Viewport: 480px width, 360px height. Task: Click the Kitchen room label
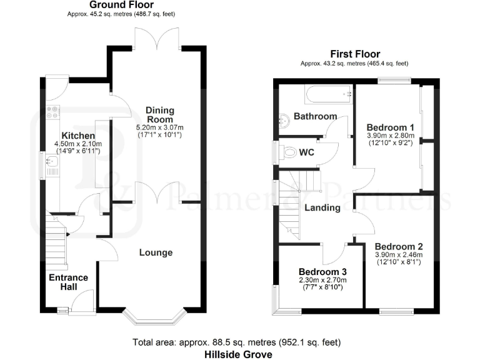pos(78,136)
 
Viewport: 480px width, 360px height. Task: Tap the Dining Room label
pos(160,114)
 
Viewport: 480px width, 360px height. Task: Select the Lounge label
pos(156,252)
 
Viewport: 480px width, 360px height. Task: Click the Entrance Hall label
pos(69,282)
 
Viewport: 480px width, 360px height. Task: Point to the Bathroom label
pos(316,116)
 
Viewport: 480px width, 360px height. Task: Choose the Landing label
pos(322,207)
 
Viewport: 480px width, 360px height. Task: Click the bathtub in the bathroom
pos(327,95)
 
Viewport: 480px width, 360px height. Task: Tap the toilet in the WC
pos(289,152)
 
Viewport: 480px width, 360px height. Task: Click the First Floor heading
pos(354,54)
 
